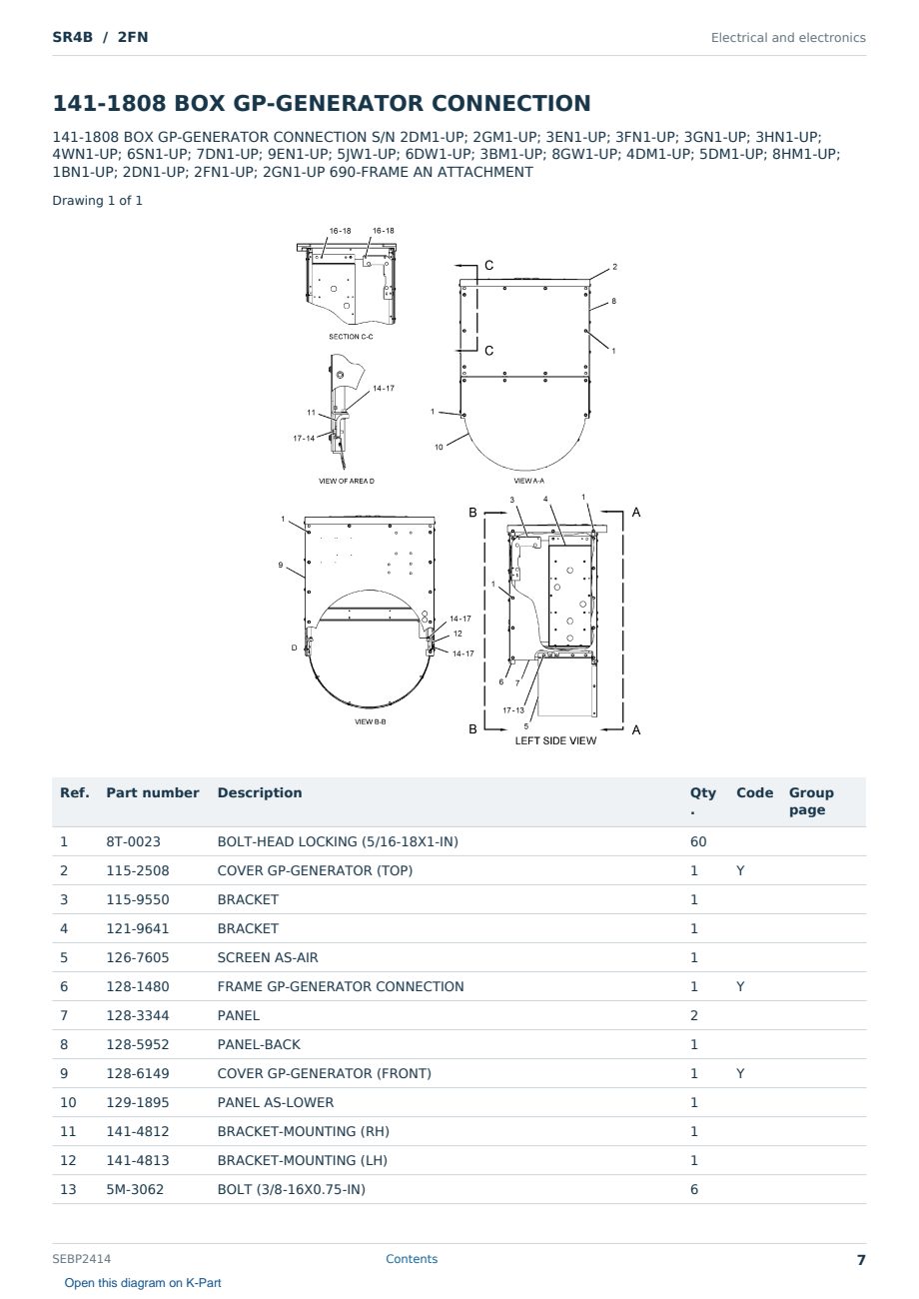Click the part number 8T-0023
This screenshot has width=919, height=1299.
pos(133,841)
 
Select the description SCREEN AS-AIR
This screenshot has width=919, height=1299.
pos(268,957)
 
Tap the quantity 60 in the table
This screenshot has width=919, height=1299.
pos(698,841)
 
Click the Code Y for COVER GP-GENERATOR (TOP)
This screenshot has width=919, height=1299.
pos(740,870)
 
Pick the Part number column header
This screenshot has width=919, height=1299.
pos(153,792)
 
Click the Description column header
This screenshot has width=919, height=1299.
pos(259,792)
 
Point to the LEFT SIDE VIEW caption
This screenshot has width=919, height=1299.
pos(555,740)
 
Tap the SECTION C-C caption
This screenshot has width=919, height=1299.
pos(351,337)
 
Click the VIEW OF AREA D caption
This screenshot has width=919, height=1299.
pos(347,481)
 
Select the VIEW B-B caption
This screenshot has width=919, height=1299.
pos(370,722)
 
